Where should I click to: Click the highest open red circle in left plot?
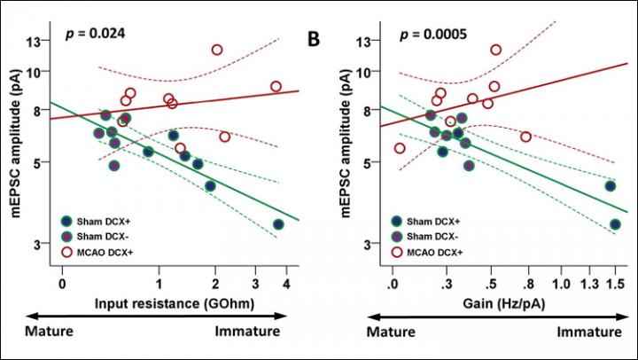click(217, 50)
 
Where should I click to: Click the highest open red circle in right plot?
click(495, 50)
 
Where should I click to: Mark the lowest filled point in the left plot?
click(279, 224)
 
